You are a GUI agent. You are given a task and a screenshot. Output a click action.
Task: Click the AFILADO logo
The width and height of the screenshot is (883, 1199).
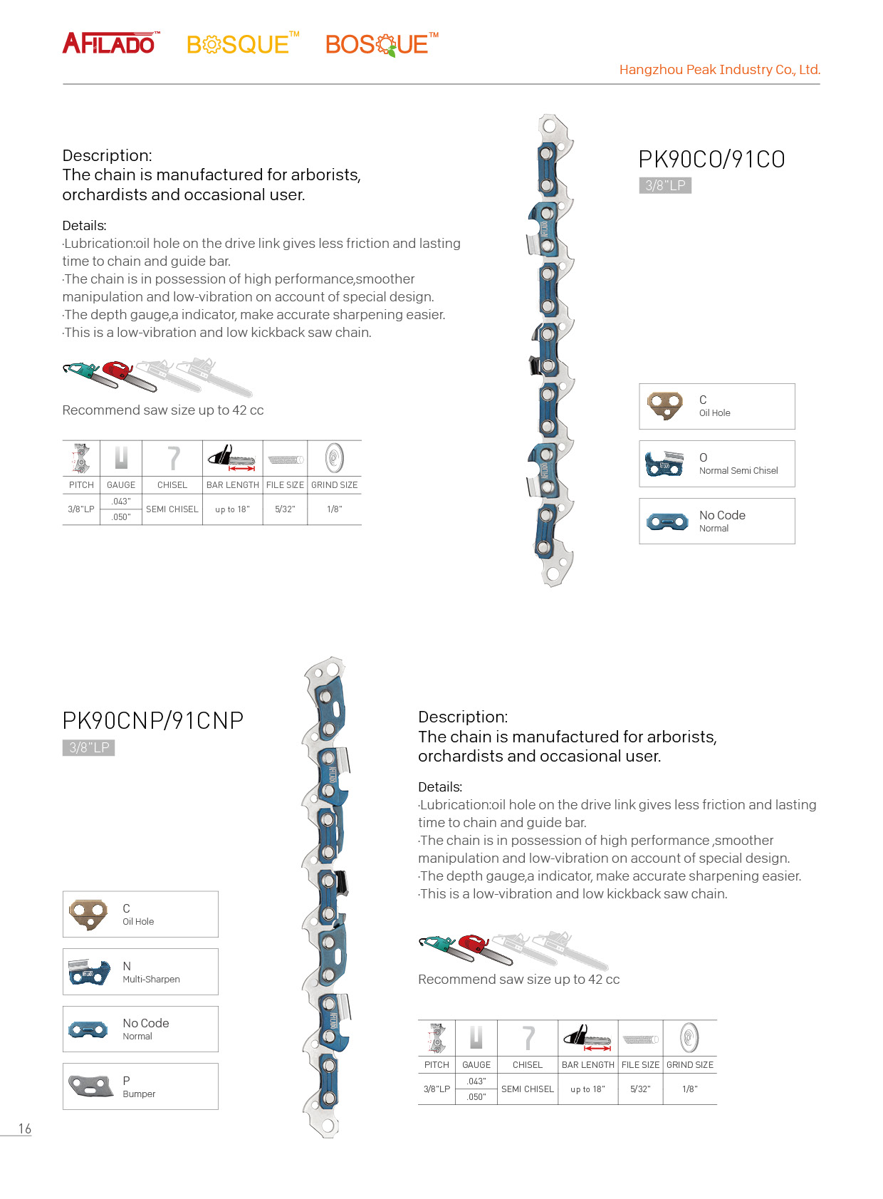tap(110, 44)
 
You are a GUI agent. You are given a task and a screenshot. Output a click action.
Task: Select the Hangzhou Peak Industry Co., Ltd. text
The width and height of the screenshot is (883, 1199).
tap(719, 70)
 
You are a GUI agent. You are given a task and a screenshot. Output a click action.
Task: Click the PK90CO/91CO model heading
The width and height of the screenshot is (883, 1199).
tap(711, 160)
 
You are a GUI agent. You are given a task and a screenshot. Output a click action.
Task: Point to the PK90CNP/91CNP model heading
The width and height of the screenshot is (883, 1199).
tap(152, 721)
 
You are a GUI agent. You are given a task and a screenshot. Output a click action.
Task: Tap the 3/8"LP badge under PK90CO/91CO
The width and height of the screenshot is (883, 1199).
tap(665, 186)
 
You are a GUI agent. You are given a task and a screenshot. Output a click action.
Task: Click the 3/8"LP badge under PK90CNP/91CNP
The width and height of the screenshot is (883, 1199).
tap(88, 747)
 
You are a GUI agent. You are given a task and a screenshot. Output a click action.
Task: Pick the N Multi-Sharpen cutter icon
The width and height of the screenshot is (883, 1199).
tap(90, 972)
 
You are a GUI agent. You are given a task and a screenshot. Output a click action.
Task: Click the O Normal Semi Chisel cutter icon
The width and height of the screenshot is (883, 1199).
tap(664, 464)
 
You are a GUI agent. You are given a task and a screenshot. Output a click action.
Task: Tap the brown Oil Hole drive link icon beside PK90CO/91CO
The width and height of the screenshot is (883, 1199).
tap(665, 405)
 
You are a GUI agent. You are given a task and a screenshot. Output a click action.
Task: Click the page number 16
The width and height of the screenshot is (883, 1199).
tap(25, 1128)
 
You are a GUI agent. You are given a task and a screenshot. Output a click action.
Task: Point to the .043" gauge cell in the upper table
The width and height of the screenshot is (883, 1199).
tap(121, 502)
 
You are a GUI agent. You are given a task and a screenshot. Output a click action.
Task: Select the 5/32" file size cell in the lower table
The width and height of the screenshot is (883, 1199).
tap(640, 1089)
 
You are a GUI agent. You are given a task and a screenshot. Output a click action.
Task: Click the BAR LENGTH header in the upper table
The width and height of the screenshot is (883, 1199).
tap(233, 485)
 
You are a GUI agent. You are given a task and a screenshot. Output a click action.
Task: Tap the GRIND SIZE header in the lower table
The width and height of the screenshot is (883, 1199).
tap(689, 1065)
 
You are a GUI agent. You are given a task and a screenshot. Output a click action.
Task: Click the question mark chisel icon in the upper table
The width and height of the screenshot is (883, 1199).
tap(173, 458)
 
